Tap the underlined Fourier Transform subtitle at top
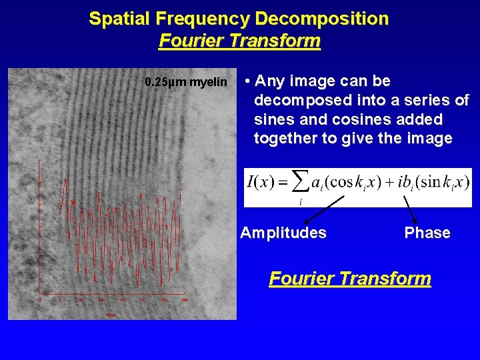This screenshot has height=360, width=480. point(240,41)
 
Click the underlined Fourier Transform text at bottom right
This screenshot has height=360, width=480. point(350,278)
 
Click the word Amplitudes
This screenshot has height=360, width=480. point(283,233)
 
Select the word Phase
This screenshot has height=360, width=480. point(427,233)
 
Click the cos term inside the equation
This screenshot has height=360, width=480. point(343,181)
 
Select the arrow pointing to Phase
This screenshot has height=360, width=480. point(411,210)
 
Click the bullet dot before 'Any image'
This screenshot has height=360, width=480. point(247,82)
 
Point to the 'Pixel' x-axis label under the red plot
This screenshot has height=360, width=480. point(112,315)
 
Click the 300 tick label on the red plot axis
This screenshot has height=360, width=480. point(185,301)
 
